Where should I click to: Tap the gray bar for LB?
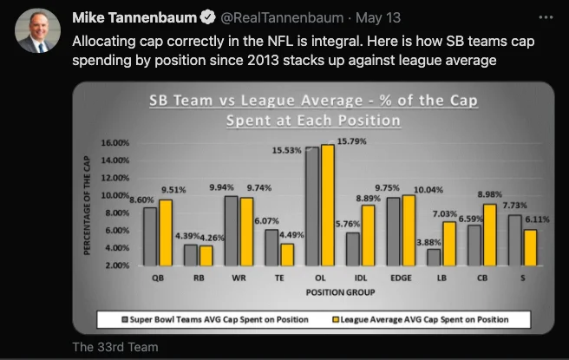tap(434, 257)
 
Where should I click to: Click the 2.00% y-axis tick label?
tap(115, 265)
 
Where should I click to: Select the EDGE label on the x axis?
tap(402, 278)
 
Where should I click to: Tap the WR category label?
tap(238, 278)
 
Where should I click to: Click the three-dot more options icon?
tap(544, 16)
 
